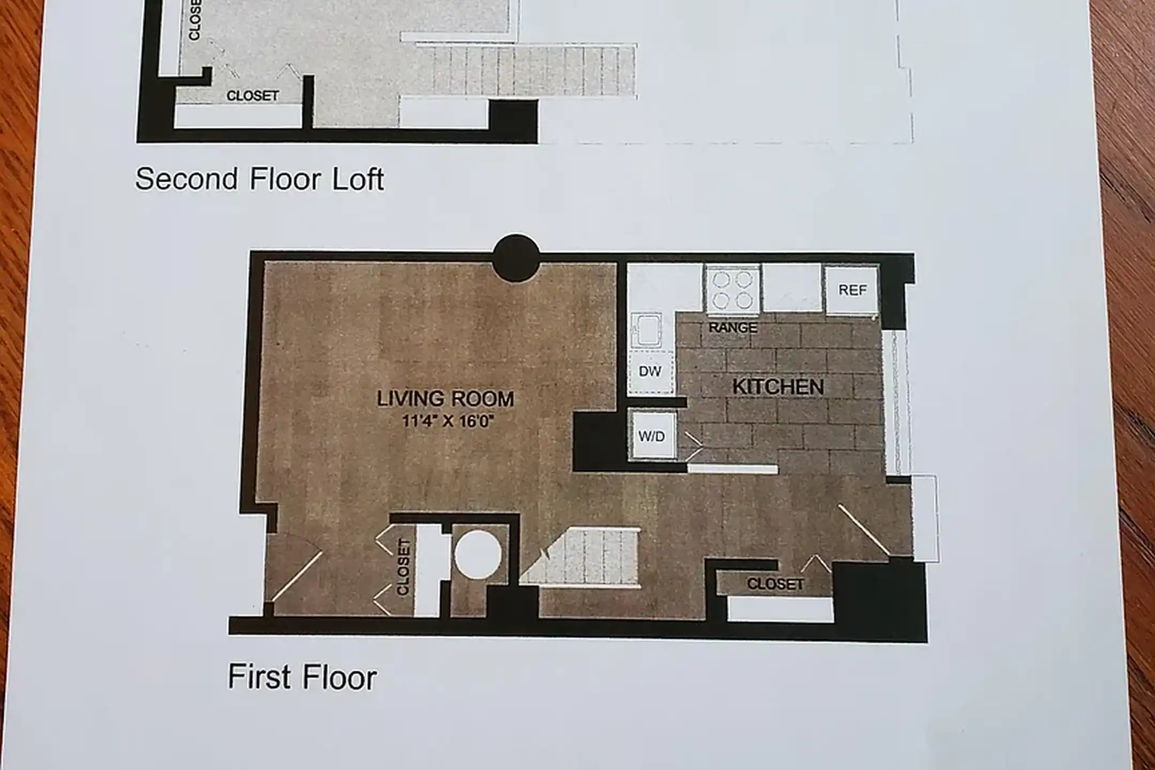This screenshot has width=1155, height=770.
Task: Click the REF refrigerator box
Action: click(852, 290)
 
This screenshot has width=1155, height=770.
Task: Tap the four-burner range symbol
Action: click(733, 289)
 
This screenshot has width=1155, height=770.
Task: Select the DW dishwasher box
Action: click(650, 371)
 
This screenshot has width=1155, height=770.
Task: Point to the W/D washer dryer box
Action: click(652, 436)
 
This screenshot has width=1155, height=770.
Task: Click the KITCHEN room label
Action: click(778, 387)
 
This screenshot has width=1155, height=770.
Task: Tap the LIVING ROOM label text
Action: click(445, 399)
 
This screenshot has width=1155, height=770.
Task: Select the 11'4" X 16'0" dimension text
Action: click(447, 421)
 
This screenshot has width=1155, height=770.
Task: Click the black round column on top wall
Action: click(516, 258)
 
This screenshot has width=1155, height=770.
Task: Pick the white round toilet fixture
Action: click(478, 554)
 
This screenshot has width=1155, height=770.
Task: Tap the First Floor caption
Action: click(302, 677)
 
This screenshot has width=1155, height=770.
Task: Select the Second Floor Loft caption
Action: click(259, 179)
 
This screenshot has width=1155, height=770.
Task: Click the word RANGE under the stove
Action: click(733, 327)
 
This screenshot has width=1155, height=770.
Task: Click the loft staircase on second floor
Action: click(527, 71)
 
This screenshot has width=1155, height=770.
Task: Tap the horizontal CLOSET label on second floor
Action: click(252, 96)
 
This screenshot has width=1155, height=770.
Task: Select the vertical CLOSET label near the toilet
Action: click(403, 567)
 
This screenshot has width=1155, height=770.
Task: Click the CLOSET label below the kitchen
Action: click(775, 584)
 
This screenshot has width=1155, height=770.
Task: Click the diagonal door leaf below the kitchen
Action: click(864, 529)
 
